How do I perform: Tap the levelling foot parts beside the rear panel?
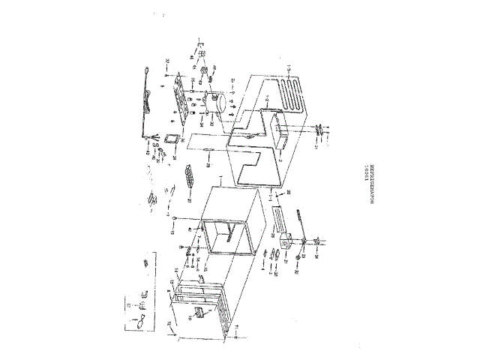point(322,130)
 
